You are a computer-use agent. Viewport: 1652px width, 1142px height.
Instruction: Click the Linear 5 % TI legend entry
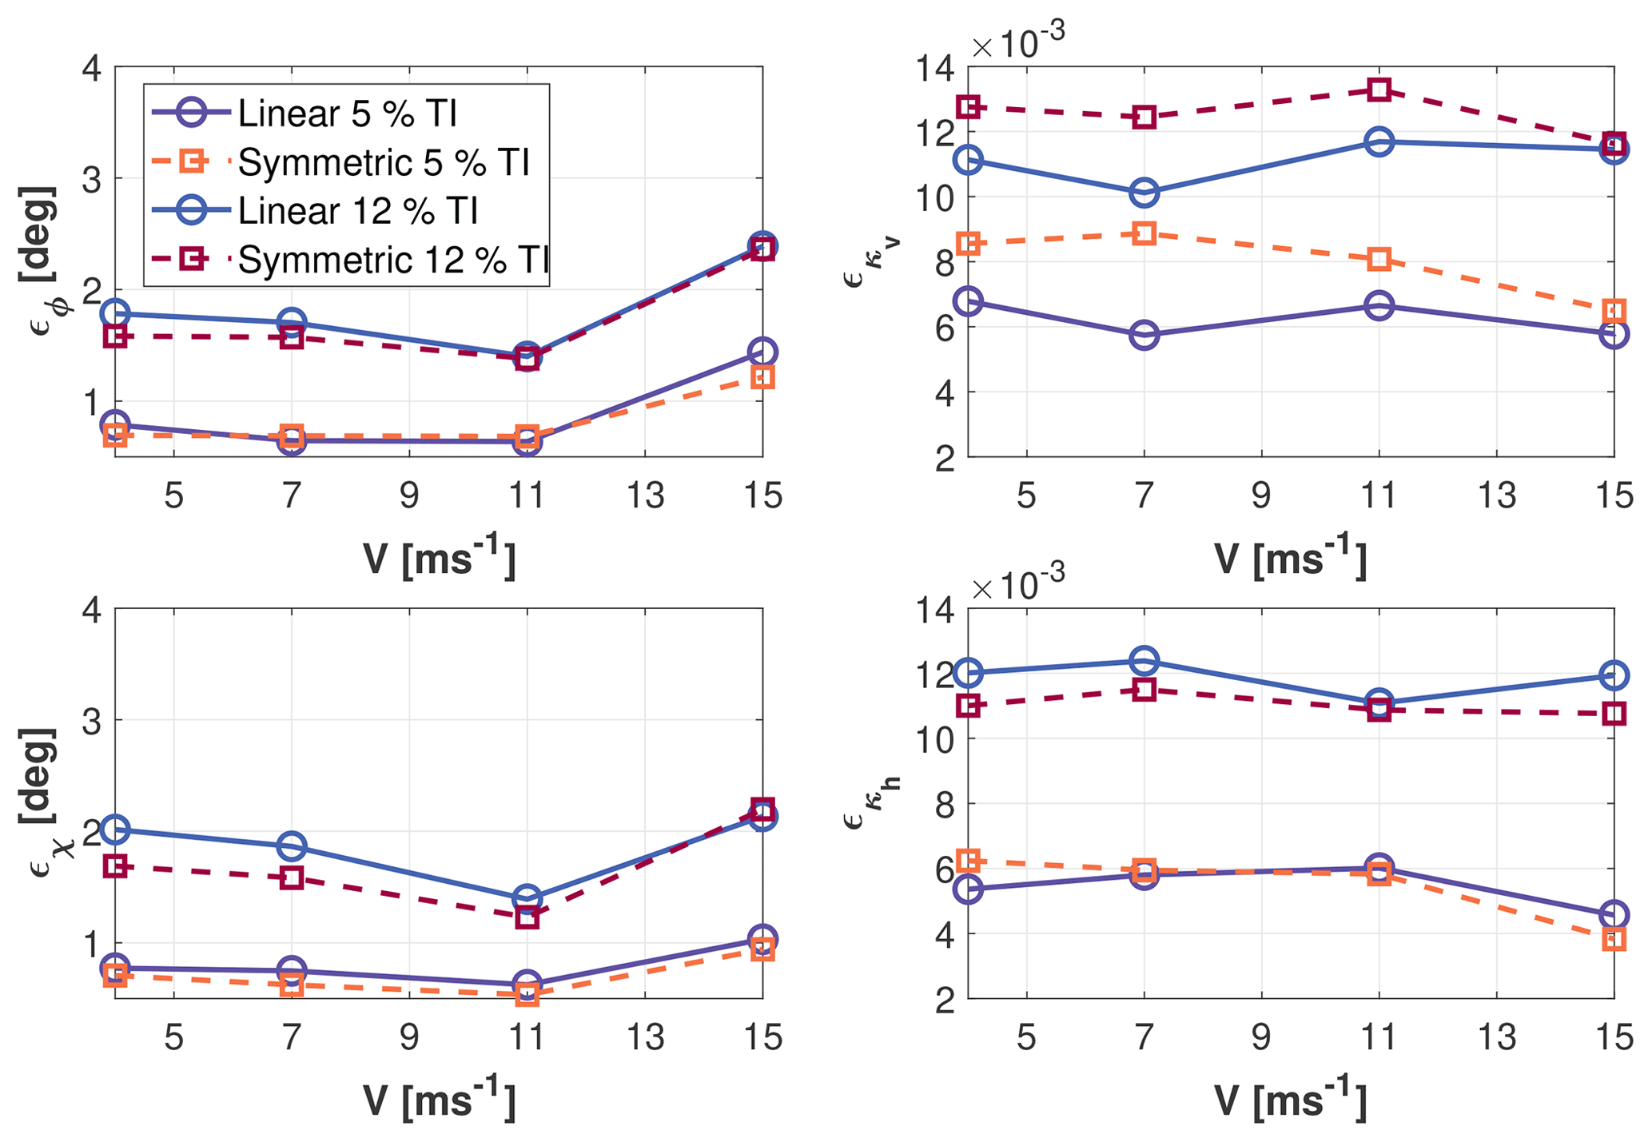tap(348, 113)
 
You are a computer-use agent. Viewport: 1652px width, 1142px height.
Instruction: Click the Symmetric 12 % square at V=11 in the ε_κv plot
tap(1379, 90)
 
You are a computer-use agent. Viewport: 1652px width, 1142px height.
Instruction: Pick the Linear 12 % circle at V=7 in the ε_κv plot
tap(1144, 193)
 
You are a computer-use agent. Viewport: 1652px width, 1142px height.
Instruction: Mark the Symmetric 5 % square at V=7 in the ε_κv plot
tap(1144, 234)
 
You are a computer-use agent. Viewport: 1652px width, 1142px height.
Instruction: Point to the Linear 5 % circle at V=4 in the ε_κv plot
tap(969, 301)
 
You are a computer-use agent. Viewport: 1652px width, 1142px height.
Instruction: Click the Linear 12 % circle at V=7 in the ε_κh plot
tap(1144, 661)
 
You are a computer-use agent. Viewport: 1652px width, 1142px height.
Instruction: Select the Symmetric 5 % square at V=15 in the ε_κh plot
tap(1614, 940)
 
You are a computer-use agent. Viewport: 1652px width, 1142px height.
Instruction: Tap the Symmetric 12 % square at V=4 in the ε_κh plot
tap(969, 706)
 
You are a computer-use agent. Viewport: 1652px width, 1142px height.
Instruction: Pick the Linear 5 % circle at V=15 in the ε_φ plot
tap(762, 352)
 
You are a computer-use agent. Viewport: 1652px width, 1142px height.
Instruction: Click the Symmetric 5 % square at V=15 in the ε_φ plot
tap(762, 377)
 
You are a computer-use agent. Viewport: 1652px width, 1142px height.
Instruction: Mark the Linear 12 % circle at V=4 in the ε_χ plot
tap(115, 830)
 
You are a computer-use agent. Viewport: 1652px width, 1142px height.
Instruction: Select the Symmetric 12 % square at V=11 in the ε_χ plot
tap(527, 917)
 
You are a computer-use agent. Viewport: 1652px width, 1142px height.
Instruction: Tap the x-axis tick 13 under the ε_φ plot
tap(645, 496)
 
